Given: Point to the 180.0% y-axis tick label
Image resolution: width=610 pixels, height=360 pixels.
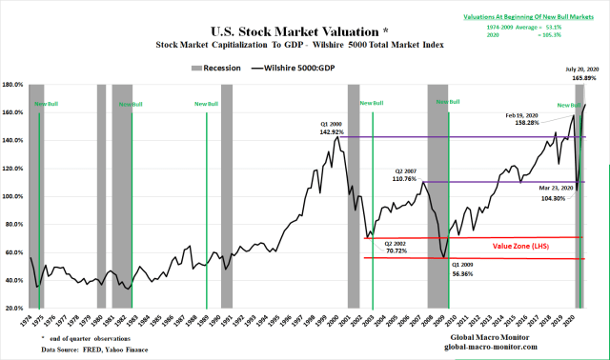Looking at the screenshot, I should [13, 85].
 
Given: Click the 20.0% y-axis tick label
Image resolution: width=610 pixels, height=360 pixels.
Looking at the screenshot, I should [14, 309].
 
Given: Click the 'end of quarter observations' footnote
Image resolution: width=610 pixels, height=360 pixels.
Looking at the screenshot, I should [91, 339].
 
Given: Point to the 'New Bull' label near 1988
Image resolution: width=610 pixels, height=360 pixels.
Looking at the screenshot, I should [206, 103].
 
